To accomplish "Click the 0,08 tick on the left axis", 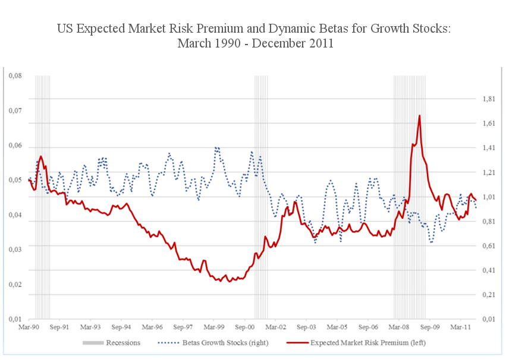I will [14, 76].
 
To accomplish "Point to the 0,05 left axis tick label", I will [14, 181].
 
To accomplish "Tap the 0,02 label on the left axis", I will [14, 285].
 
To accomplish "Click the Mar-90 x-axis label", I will [29, 327].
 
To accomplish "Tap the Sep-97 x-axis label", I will [182, 327].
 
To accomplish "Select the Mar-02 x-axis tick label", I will [274, 327].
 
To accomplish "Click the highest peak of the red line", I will [419, 116].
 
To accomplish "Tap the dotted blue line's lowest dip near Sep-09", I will [431, 242].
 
